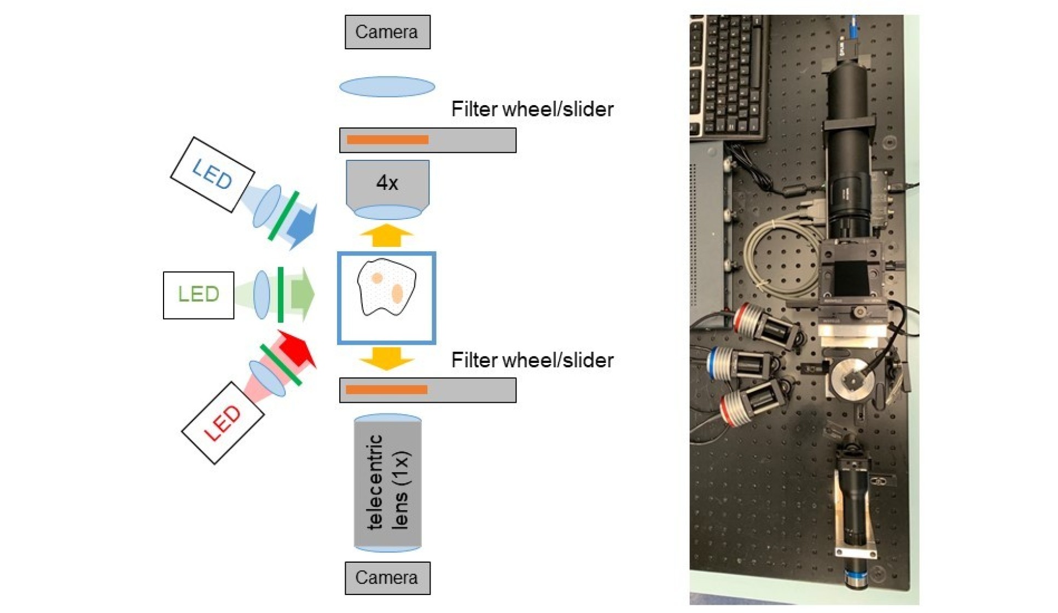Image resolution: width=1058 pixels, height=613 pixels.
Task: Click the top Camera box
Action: [387, 32]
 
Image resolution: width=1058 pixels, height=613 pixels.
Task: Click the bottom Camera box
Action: [387, 577]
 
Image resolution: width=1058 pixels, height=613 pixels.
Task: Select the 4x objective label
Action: [387, 183]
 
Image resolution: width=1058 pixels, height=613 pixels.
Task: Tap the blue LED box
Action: [212, 174]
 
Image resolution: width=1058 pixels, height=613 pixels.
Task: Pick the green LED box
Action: [199, 295]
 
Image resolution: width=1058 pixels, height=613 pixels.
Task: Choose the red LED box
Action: [223, 423]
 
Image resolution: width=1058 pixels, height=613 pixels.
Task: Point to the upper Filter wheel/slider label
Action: [532, 109]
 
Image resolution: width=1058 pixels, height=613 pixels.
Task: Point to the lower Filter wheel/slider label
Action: [532, 360]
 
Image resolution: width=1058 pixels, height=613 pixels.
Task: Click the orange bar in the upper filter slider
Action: [387, 140]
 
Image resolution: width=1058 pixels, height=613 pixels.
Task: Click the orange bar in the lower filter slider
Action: [386, 390]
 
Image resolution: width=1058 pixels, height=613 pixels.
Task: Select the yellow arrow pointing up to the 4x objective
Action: [387, 235]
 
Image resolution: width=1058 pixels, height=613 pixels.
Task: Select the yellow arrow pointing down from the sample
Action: [387, 358]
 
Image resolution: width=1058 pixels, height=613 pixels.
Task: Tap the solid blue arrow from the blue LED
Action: [303, 225]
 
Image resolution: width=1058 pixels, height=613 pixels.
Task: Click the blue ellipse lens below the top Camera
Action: [387, 87]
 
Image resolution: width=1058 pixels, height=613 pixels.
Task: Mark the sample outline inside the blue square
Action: [386, 288]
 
